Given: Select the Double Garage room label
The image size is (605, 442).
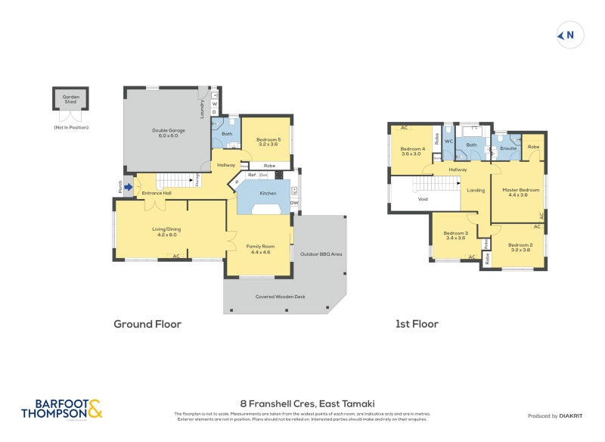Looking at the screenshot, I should coord(168,133).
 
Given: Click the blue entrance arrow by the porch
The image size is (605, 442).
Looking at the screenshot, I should coord(128,187).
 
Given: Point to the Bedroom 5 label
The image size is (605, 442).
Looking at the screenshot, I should coord(268,142).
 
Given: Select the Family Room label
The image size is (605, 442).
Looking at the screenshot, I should coord(259,249).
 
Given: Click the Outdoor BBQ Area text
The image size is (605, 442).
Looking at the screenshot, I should coord(321,254).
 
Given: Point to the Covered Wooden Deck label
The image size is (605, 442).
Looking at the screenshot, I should coord(280,296).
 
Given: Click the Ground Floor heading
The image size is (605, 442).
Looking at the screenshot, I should coord(147,324).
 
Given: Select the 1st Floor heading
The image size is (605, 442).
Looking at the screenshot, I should coord(417,324).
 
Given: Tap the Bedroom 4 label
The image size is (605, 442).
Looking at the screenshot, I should coord(412,151).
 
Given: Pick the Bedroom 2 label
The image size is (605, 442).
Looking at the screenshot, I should coord(520,247).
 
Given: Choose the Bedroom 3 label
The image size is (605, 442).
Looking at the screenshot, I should coord(455,235).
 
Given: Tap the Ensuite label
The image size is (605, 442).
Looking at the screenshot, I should coord(508,148).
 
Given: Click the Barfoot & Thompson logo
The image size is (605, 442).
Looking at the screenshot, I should coord(62,409).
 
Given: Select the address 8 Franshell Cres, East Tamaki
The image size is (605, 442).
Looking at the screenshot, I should coord(302,403).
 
